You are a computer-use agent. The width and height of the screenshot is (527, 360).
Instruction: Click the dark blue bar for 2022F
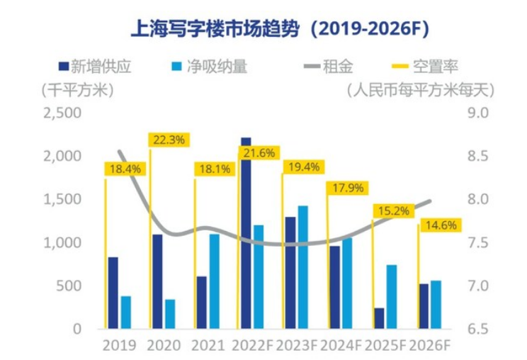click(x=246, y=234)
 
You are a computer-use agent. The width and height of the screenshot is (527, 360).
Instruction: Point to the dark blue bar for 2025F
click(x=380, y=318)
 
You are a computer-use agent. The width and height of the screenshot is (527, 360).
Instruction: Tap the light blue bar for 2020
click(x=169, y=314)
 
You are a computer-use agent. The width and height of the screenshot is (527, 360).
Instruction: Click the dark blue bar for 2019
click(x=113, y=293)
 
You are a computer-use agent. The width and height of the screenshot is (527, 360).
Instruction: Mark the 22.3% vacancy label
click(x=169, y=140)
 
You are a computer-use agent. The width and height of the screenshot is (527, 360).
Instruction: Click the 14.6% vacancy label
click(x=441, y=226)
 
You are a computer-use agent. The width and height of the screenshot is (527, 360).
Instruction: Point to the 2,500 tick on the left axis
click(x=62, y=113)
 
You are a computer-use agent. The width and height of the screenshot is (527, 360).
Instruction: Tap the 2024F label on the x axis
click(x=342, y=346)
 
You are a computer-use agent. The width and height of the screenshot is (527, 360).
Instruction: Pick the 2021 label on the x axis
click(x=207, y=346)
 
